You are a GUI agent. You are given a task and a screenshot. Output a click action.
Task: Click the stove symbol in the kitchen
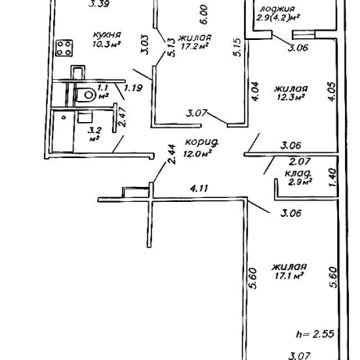(x=64, y=48)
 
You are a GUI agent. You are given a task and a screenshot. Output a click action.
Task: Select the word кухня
(x=107, y=35)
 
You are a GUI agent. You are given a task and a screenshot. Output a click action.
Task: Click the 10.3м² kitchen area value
(x=106, y=44)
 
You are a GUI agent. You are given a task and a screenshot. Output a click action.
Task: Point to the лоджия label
(x=278, y=9)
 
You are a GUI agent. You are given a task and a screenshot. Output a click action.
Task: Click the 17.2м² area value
(x=195, y=46)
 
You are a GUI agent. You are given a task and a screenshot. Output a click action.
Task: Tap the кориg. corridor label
(x=201, y=142)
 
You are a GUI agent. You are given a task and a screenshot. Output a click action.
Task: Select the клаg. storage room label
(x=298, y=173)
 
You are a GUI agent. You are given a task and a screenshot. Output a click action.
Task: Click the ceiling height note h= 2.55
(x=315, y=334)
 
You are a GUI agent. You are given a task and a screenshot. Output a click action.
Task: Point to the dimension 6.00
(x=204, y=15)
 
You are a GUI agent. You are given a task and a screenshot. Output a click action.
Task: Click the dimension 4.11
(x=200, y=189)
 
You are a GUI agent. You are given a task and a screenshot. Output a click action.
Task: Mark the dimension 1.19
(x=133, y=88)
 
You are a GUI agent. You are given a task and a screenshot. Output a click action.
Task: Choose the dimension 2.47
(x=122, y=117)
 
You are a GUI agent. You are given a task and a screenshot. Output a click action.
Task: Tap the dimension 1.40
(x=332, y=178)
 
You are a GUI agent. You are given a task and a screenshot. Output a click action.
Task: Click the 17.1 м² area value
(x=289, y=275)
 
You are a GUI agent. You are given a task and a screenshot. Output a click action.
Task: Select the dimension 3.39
(x=99, y=4)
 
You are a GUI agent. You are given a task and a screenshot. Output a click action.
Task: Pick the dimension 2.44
(x=172, y=154)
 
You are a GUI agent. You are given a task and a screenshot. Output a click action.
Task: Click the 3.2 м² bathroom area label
(x=95, y=134)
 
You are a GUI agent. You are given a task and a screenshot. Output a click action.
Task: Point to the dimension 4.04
(x=255, y=92)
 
